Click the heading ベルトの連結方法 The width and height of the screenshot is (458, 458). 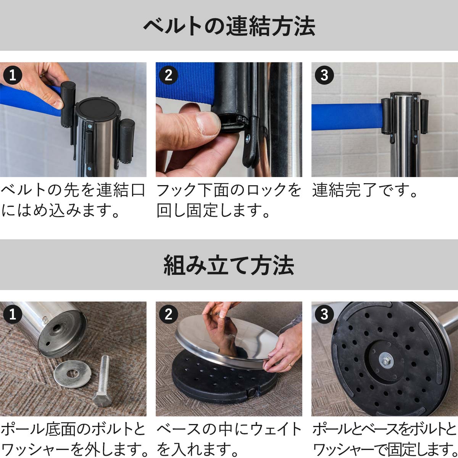coord(229,26)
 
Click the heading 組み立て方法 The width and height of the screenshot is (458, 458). coord(229,265)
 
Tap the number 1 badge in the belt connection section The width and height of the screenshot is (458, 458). coord(13,75)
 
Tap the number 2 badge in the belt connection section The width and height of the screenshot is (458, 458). coord(168,75)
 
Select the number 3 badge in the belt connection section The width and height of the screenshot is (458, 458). coord(324,75)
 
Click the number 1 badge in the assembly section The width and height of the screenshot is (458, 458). coord(13,314)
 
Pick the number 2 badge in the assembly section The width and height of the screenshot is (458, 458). coord(168,314)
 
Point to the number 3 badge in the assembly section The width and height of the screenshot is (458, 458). coord(324,314)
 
